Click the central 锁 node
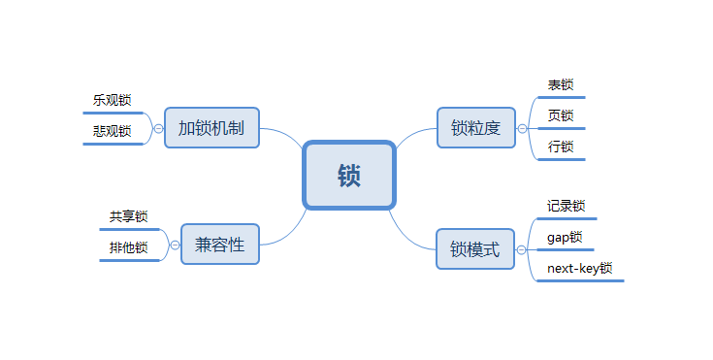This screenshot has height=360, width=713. coord(349,175)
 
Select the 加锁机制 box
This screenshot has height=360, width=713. coord(211,127)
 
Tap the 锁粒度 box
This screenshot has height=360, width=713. coord(475,127)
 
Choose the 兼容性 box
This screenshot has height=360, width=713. coord(219,244)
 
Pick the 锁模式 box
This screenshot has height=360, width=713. coord(475,249)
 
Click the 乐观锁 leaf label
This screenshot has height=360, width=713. coord(113,100)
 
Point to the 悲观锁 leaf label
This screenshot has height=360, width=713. coord(113,131)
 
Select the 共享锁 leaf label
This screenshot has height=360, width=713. coord(128,216)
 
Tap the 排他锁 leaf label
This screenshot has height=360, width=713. coord(128,247)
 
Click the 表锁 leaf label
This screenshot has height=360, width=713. coord(561,85)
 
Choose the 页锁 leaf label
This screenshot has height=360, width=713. coord(561,116)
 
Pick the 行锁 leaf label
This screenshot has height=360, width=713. coord(561,147)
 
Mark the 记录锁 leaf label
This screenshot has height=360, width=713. coord(566,206)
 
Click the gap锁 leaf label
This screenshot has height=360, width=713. coord(565,237)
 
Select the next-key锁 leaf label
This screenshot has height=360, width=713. coord(579,269)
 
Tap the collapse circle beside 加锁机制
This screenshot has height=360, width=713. coord(158,128)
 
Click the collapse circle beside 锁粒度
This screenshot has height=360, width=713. coord(523,128)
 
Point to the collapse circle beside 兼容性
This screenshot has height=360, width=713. coord(175,245)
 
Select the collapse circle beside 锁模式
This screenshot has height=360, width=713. coord(523,249)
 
